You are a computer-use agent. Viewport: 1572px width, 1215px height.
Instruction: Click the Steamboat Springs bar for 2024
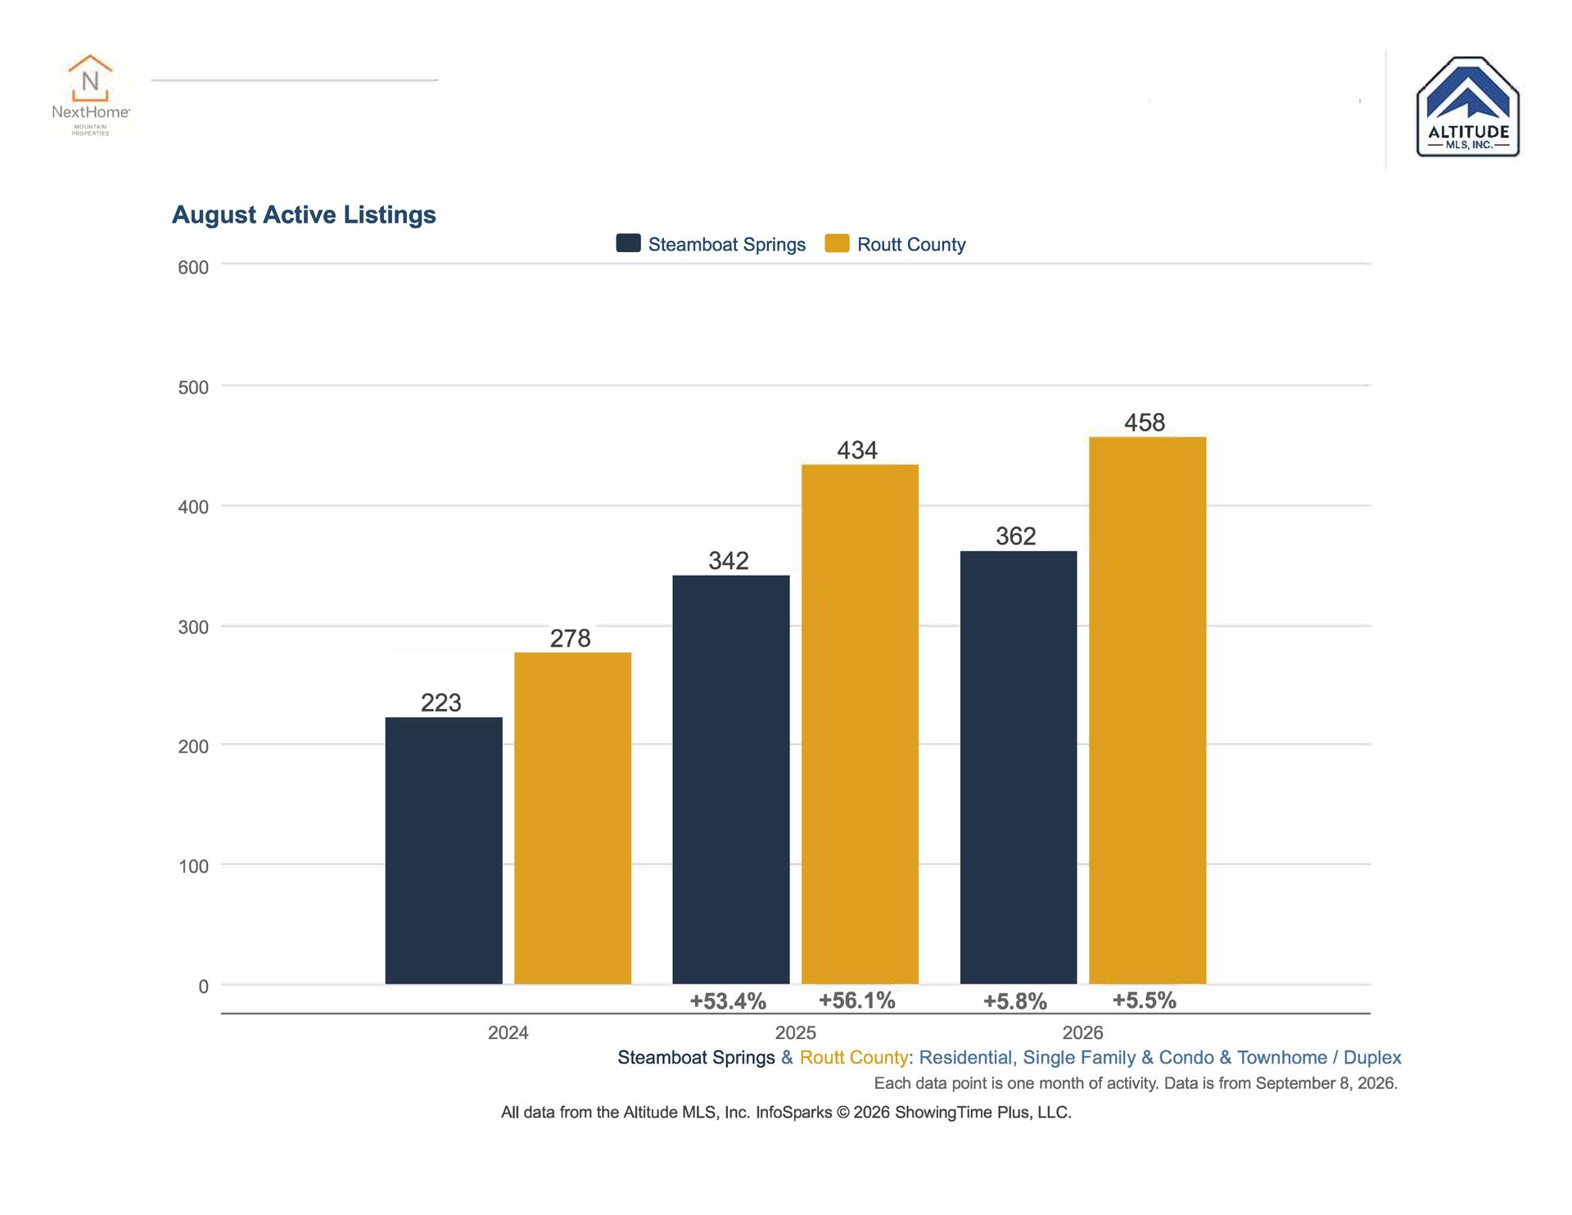click(x=444, y=851)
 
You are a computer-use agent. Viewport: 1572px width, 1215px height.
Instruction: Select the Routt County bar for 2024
click(x=572, y=818)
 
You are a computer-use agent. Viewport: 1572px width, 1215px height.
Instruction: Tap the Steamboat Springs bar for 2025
click(x=731, y=779)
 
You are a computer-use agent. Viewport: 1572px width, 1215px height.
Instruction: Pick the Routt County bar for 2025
click(x=860, y=725)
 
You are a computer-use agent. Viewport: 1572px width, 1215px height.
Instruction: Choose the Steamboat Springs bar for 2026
click(x=1019, y=768)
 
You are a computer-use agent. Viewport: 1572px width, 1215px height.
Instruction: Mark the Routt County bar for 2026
click(x=1147, y=711)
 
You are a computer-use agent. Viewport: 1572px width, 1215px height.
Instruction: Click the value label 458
click(x=1145, y=422)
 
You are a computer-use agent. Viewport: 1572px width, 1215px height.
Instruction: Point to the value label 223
click(x=441, y=702)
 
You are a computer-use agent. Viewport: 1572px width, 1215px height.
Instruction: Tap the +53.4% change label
click(x=728, y=1001)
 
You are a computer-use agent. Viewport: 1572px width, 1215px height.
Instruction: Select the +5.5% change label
click(x=1145, y=1000)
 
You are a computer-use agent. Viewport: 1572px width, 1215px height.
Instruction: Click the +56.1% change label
click(x=857, y=1000)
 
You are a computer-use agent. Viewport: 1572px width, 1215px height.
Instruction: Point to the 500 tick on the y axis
click(x=193, y=387)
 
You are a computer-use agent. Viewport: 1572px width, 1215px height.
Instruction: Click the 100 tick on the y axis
click(x=193, y=866)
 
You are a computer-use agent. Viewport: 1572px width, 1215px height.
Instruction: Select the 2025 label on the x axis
click(x=796, y=1033)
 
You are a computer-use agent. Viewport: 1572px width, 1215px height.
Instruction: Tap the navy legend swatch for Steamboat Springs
click(x=628, y=243)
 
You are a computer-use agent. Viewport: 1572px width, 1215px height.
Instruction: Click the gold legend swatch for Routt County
click(x=837, y=243)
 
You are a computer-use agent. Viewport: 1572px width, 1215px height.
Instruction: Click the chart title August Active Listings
click(x=304, y=215)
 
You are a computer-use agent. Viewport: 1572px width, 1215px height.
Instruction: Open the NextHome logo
click(x=90, y=95)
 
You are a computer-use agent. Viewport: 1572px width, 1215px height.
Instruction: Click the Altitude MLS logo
click(x=1468, y=106)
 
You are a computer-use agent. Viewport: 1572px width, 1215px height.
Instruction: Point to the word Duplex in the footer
click(x=1372, y=1058)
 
